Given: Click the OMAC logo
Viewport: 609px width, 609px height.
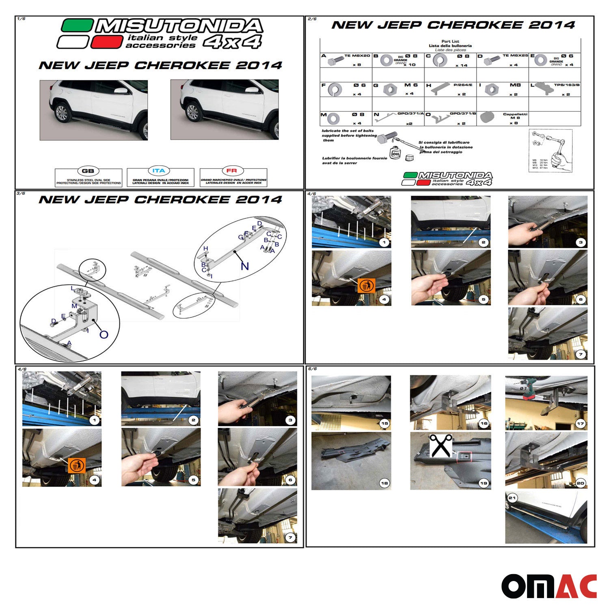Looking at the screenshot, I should click(x=549, y=586).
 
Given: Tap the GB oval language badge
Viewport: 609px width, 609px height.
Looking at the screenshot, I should click(x=88, y=171).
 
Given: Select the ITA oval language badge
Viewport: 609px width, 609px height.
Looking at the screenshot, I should click(x=159, y=171).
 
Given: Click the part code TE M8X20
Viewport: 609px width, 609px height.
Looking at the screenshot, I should click(x=357, y=56).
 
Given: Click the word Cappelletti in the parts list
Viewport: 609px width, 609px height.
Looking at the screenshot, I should click(x=515, y=114).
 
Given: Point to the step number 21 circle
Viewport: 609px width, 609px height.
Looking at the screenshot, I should click(x=512, y=498).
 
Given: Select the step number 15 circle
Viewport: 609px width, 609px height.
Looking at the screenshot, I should click(x=384, y=423).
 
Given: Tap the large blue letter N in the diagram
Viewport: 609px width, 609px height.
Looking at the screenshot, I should click(x=245, y=266).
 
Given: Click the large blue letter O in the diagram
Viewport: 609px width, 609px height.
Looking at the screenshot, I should click(x=104, y=335).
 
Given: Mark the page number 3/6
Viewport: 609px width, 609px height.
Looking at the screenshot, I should click(x=21, y=193).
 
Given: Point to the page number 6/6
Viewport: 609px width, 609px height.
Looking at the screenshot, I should click(x=312, y=369).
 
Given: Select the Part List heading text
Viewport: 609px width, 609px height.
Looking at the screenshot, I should click(x=450, y=41).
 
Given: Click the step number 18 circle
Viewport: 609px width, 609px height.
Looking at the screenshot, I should click(x=384, y=483).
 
